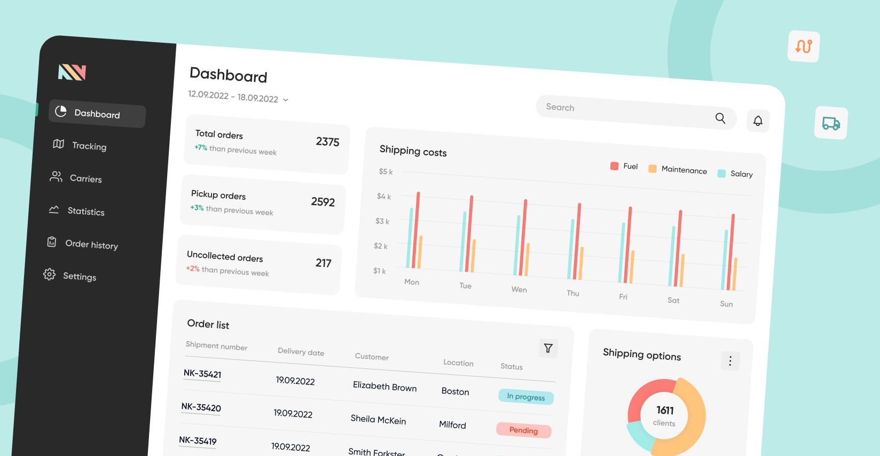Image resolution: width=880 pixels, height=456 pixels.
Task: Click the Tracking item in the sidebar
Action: pyautogui.click(x=89, y=146)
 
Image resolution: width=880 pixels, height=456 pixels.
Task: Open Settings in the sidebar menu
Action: pyautogui.click(x=79, y=276)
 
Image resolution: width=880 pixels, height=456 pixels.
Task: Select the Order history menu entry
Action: pyautogui.click(x=91, y=245)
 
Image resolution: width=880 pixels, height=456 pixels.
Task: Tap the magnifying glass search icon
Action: pyautogui.click(x=720, y=118)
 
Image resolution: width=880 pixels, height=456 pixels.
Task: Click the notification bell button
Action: pyautogui.click(x=758, y=121)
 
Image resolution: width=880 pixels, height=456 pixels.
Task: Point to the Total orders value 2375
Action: pyautogui.click(x=327, y=141)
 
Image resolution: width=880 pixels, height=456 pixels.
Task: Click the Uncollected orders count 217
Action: pyautogui.click(x=323, y=263)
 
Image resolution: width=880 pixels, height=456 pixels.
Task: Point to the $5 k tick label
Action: pyautogui.click(x=386, y=171)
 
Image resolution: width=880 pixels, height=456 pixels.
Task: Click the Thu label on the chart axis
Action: pyautogui.click(x=573, y=293)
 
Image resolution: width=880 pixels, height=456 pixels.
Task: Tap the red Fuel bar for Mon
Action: pyautogui.click(x=415, y=230)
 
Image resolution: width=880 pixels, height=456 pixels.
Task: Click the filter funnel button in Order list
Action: pyautogui.click(x=548, y=348)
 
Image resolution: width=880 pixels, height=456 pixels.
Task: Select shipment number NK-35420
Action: pyautogui.click(x=201, y=407)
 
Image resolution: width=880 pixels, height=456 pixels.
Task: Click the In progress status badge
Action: pyautogui.click(x=526, y=397)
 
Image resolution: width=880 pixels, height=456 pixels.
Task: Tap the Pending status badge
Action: pyautogui.click(x=523, y=430)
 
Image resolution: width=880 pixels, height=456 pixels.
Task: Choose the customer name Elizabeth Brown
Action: pyautogui.click(x=384, y=387)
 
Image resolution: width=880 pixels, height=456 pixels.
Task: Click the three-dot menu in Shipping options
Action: pyautogui.click(x=730, y=361)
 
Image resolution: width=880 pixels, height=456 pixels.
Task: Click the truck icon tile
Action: pyautogui.click(x=831, y=123)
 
